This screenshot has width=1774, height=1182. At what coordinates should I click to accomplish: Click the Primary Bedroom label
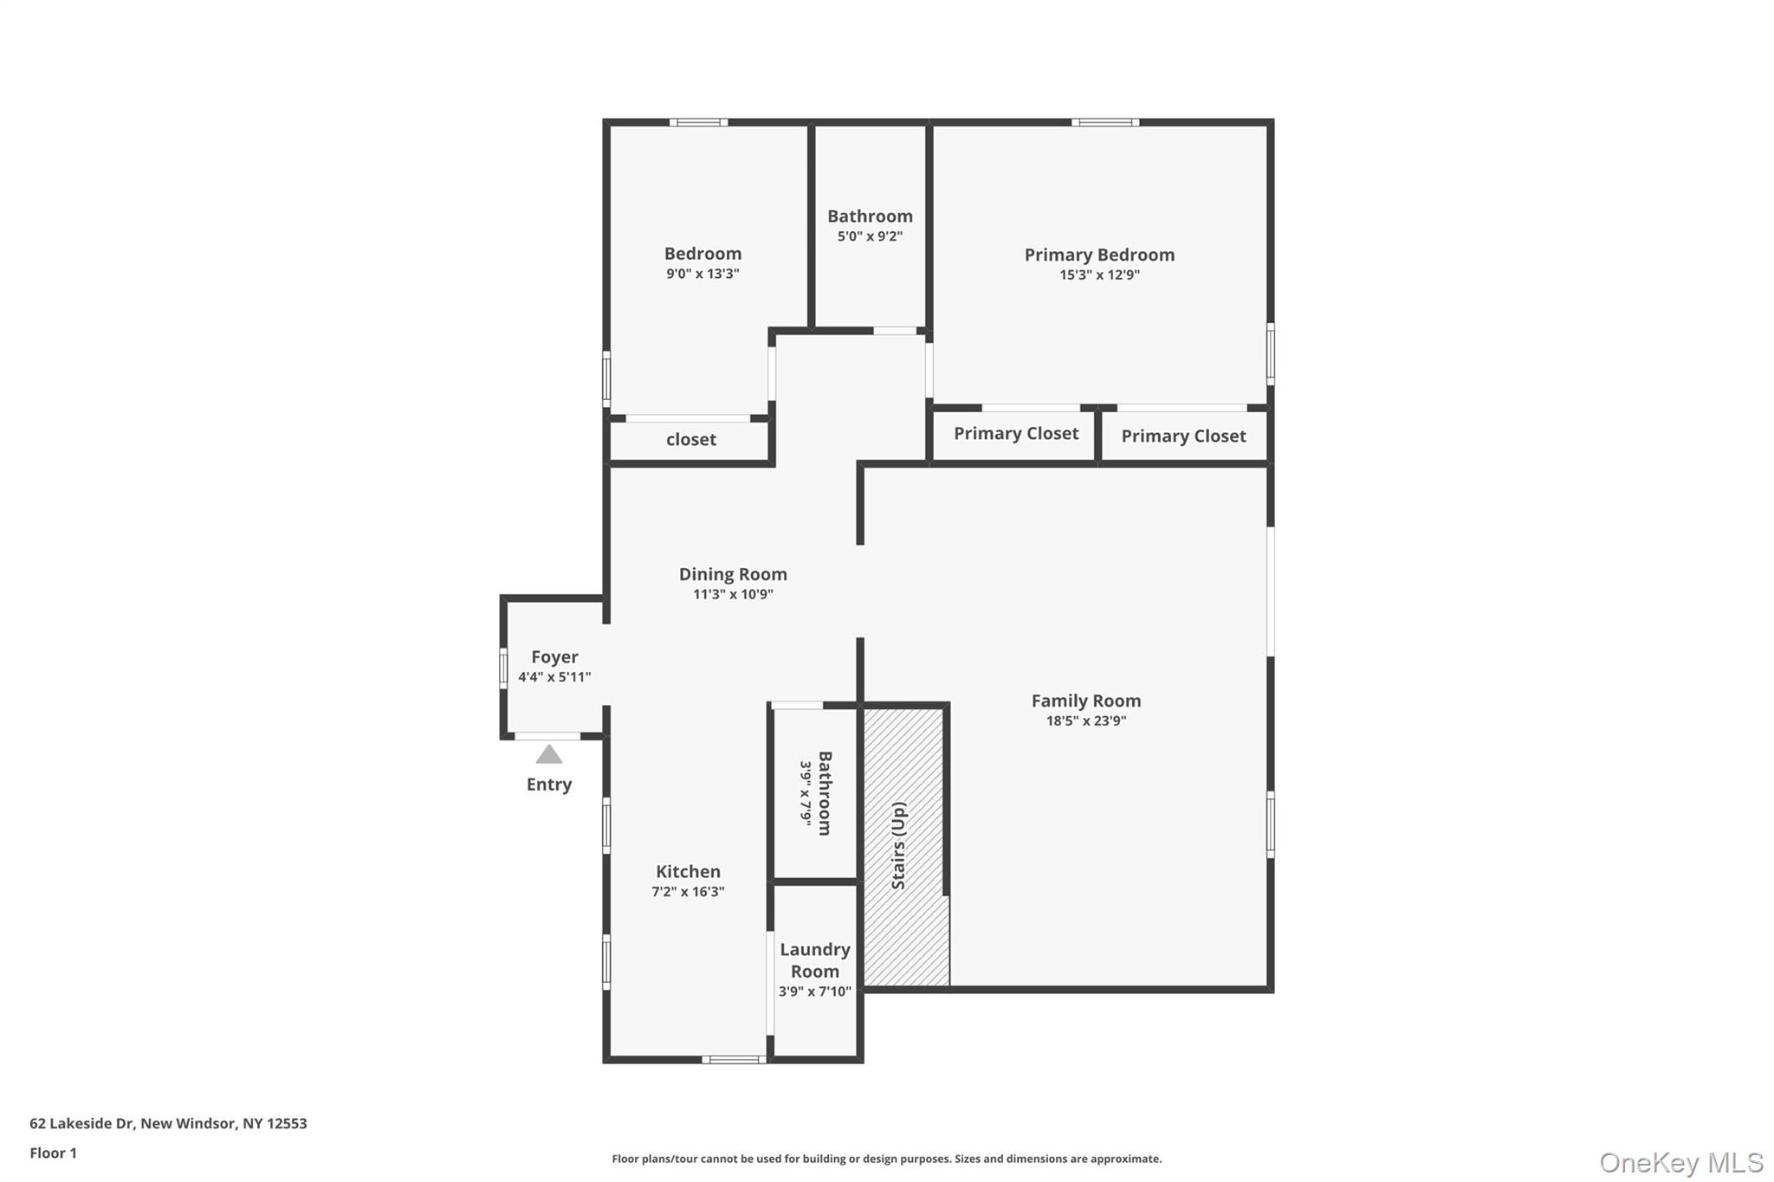pyautogui.click(x=1099, y=255)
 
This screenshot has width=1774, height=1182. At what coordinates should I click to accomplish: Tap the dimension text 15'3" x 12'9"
pyautogui.click(x=1099, y=275)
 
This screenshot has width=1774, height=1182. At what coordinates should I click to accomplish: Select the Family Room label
pyautogui.click(x=1085, y=701)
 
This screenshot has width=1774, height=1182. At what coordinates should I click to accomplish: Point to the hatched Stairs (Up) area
pyautogui.click(x=903, y=845)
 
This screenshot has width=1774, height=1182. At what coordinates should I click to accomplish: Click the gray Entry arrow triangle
pyautogui.click(x=548, y=755)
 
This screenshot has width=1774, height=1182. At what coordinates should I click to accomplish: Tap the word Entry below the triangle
pyautogui.click(x=548, y=785)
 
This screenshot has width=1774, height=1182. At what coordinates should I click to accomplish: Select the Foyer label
pyautogui.click(x=554, y=657)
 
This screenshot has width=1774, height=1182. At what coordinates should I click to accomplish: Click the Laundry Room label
pyautogui.click(x=814, y=960)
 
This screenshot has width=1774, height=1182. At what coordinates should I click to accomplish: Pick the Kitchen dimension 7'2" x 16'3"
pyautogui.click(x=688, y=892)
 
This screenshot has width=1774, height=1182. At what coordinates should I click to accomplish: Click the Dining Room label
pyautogui.click(x=733, y=574)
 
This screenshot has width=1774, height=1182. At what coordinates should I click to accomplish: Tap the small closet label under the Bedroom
pyautogui.click(x=690, y=440)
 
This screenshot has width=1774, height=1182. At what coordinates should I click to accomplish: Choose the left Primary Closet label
pyautogui.click(x=1016, y=434)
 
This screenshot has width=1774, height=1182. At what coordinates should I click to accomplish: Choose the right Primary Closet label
pyautogui.click(x=1183, y=436)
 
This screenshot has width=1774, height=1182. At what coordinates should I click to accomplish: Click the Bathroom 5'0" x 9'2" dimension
pyautogui.click(x=870, y=236)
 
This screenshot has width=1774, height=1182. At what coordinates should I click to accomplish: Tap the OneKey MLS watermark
pyautogui.click(x=1680, y=1162)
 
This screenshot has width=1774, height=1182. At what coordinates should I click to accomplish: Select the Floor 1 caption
pyautogui.click(x=53, y=1153)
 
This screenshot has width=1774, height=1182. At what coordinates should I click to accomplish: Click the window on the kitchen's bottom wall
pyautogui.click(x=733, y=1059)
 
